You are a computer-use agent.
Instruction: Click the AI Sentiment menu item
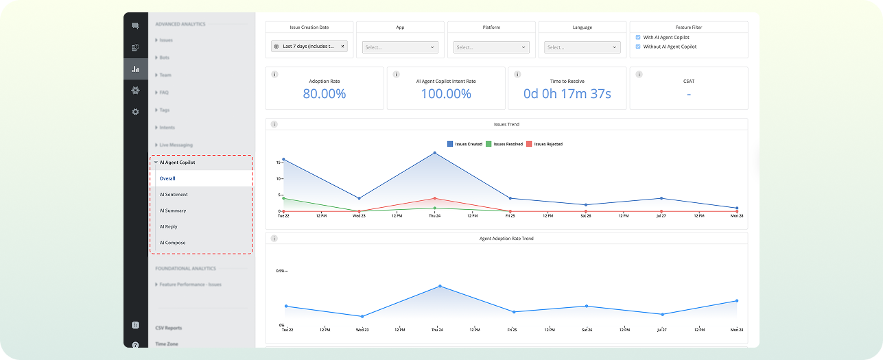pyautogui.click(x=174, y=195)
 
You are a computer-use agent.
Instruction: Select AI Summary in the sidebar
pyautogui.click(x=173, y=211)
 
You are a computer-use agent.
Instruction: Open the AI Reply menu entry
pyautogui.click(x=169, y=226)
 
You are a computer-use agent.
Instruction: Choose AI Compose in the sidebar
pyautogui.click(x=172, y=243)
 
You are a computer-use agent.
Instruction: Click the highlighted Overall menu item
pyautogui.click(x=167, y=178)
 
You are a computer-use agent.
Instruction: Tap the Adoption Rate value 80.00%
pyautogui.click(x=325, y=94)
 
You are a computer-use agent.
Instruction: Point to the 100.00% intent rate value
pyautogui.click(x=446, y=94)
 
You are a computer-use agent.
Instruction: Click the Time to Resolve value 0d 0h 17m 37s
pyautogui.click(x=567, y=94)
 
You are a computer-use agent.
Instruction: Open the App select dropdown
pyautogui.click(x=400, y=47)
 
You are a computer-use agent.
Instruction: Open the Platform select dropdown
pyautogui.click(x=491, y=47)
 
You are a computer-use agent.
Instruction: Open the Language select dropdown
pyautogui.click(x=582, y=47)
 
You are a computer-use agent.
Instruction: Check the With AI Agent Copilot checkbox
pyautogui.click(x=638, y=37)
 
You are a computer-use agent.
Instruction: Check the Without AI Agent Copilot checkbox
pyautogui.click(x=638, y=47)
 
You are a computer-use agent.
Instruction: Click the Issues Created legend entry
pyautogui.click(x=464, y=144)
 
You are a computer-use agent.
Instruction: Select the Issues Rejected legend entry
pyautogui.click(x=545, y=144)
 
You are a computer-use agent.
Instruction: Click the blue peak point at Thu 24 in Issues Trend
pyautogui.click(x=434, y=153)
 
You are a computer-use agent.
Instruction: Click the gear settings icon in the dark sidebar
pyautogui.click(x=135, y=112)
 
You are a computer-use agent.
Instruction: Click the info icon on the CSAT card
pyautogui.click(x=638, y=74)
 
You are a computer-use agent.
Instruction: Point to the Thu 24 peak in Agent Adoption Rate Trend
pyautogui.click(x=440, y=286)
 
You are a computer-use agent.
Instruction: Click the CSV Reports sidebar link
pyautogui.click(x=169, y=328)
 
